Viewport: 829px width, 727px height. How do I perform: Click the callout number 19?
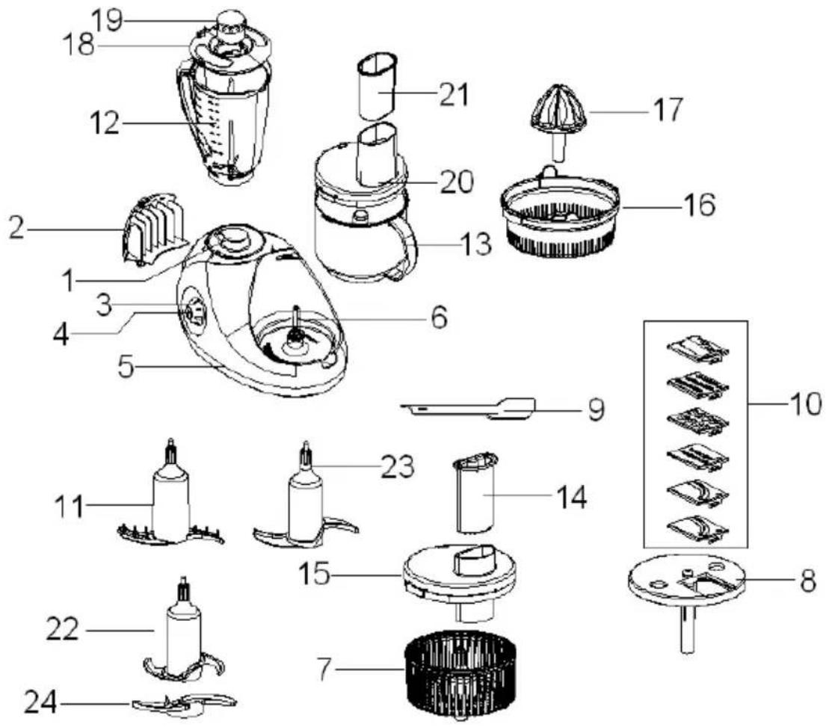click(x=108, y=20)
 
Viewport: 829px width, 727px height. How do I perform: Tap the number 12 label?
click(x=105, y=123)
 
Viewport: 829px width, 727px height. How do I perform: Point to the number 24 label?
click(x=40, y=703)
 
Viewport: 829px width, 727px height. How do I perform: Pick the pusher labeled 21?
click(x=377, y=86)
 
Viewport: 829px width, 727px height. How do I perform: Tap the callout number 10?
click(x=804, y=404)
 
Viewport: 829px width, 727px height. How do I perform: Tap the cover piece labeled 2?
click(x=155, y=228)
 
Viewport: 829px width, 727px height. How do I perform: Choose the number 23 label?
click(x=398, y=466)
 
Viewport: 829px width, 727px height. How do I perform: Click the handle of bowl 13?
click(x=408, y=248)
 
